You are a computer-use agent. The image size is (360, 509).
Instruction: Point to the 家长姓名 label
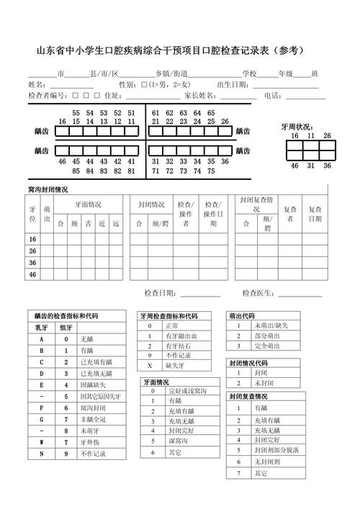point(199,96)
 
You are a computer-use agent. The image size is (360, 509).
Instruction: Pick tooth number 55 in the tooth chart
point(76,113)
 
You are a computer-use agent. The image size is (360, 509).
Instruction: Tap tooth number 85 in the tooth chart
point(76,171)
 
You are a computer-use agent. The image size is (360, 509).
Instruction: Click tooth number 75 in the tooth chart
point(210,171)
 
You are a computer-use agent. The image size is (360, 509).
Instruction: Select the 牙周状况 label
point(296,127)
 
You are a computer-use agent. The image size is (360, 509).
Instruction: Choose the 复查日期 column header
point(315,215)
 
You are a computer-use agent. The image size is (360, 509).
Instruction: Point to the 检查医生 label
point(257,293)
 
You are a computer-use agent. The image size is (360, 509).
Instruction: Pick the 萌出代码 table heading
point(241,316)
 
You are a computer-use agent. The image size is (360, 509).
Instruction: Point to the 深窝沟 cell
point(176,440)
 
